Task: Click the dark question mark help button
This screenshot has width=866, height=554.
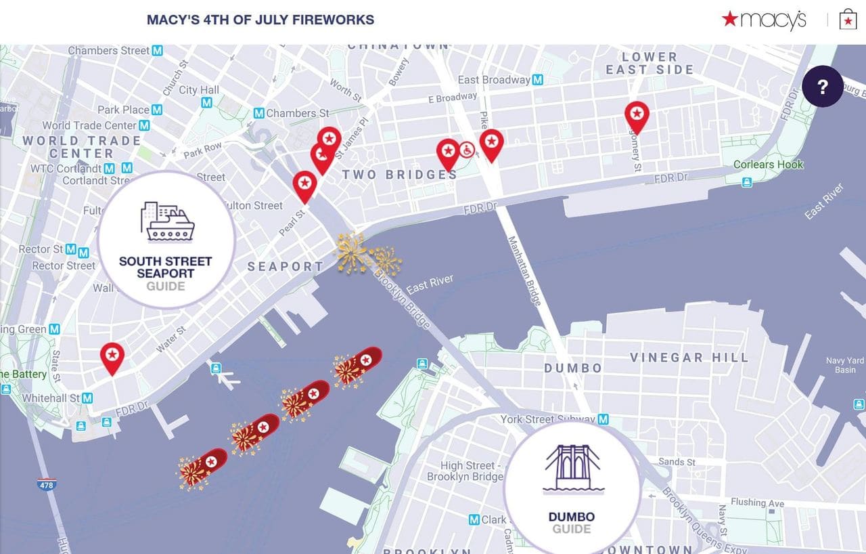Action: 822,87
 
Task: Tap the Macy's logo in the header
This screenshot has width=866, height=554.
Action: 764,20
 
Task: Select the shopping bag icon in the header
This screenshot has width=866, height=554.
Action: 847,20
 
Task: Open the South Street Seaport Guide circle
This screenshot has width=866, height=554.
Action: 166,240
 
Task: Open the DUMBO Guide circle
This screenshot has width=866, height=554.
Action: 572,486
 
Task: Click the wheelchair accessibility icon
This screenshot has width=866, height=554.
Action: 467,150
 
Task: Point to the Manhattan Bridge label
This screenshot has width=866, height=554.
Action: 524,270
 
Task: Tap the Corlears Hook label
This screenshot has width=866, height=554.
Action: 769,165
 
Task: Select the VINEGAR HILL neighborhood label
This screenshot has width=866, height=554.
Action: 689,358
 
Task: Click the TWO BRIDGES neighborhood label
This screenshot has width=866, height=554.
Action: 399,175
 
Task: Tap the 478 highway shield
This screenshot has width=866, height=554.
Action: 46,485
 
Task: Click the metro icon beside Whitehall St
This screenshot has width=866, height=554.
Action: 87,398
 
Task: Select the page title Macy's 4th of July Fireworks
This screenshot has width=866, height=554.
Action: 260,20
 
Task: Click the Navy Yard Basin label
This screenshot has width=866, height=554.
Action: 845,365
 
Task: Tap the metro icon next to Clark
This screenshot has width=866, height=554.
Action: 474,520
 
